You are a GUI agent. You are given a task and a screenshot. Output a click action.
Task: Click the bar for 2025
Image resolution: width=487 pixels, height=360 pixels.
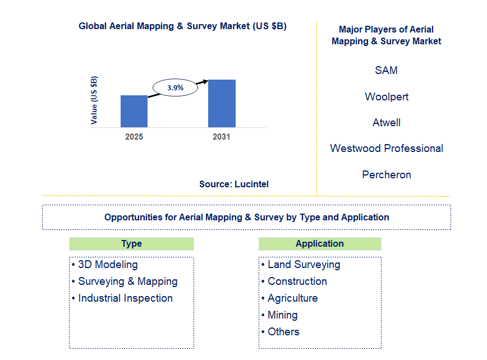pos(134,111)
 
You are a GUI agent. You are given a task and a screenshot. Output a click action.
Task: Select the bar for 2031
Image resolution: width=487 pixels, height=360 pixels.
pos(222,103)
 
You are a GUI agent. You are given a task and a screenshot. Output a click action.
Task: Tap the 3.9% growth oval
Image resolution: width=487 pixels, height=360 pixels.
pos(176,87)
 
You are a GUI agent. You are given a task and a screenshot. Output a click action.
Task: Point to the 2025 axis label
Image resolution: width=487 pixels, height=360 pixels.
pos(134,137)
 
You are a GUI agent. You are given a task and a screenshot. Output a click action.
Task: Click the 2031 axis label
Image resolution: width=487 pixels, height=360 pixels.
pos(221,137)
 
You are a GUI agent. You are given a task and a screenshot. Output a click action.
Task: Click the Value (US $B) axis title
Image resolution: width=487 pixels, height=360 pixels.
pos(94,99)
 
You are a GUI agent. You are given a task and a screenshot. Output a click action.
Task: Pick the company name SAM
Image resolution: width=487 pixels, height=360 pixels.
pos(386,71)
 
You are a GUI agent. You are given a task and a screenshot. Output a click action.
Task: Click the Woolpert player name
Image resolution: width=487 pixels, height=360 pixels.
pos(386,96)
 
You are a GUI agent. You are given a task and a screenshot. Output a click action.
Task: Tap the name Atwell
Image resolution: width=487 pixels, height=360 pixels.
pos(386,122)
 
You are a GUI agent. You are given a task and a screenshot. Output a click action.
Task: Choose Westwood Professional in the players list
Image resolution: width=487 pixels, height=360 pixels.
pos(386,149)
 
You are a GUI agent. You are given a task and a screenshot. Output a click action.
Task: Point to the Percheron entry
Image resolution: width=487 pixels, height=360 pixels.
pos(386,174)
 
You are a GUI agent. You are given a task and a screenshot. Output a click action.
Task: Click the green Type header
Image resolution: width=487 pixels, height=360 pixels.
pos(131,244)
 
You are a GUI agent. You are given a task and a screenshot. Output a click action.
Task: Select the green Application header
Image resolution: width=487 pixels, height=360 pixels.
pos(320,244)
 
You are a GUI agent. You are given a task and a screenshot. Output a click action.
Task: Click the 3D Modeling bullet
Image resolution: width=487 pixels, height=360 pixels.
pos(107,265)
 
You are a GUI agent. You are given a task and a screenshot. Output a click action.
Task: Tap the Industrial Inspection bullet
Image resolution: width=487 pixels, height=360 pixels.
pos(125,298)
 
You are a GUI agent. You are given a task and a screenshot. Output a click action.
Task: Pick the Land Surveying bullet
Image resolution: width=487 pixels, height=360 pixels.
pos(304,265)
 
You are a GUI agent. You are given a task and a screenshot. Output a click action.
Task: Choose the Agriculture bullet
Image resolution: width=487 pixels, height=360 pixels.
pos(292,298)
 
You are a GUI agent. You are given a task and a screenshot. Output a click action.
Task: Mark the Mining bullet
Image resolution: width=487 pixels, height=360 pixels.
pos(282,315)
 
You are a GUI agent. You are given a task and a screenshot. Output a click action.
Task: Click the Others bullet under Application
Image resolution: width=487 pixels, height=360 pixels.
pos(283,332)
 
